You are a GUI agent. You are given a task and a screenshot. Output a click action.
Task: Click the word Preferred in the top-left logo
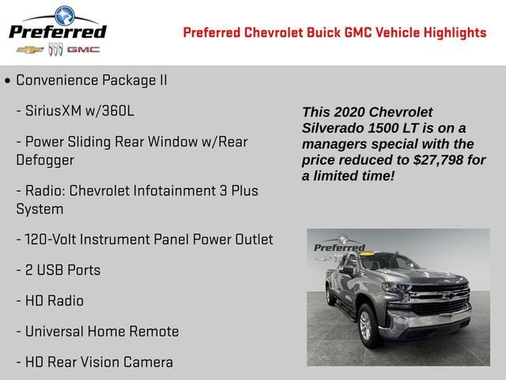[x=57, y=32]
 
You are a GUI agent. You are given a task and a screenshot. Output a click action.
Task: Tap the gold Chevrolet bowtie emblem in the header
[x=30, y=50]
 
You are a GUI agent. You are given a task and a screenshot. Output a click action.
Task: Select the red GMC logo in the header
[x=83, y=50]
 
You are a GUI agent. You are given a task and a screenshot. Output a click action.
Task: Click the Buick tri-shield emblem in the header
[x=55, y=50]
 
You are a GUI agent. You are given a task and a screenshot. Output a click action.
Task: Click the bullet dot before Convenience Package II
[x=7, y=81]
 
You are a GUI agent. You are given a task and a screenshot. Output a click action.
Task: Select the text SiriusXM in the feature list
[x=56, y=111]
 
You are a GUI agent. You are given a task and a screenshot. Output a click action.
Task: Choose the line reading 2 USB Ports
[x=59, y=270]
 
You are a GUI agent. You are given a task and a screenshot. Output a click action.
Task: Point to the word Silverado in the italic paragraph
[x=331, y=128]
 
